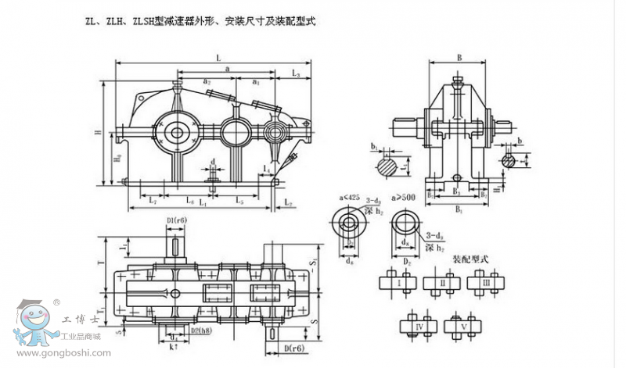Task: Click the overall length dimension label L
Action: (218, 57)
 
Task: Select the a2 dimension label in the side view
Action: (206, 80)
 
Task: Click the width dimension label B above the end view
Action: (460, 57)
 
